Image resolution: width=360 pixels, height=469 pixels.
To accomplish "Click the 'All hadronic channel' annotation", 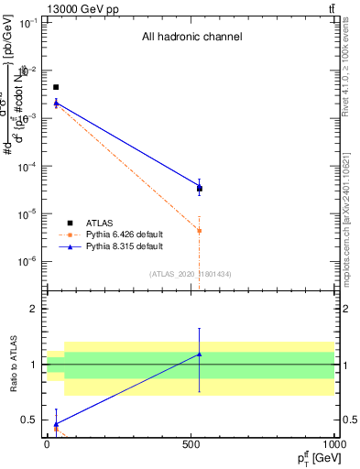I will [191, 38].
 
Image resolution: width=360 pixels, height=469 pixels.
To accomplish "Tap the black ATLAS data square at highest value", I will [56, 87].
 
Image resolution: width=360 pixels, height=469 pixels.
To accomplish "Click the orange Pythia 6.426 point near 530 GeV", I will [200, 231].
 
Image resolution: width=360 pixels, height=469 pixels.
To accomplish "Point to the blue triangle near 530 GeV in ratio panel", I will [200, 354].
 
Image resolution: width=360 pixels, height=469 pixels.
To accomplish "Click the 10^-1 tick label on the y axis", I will [29, 23].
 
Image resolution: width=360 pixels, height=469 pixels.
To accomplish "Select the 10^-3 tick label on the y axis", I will [29, 118].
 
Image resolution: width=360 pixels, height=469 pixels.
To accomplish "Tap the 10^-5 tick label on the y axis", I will [29, 213].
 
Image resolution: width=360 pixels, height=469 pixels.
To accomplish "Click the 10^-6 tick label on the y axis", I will [29, 261].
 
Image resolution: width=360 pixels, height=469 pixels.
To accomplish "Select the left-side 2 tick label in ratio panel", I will [36, 309].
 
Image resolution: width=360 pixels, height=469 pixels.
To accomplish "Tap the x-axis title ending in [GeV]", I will [312, 457].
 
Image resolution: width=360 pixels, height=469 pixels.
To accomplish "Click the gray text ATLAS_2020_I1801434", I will [191, 274].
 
